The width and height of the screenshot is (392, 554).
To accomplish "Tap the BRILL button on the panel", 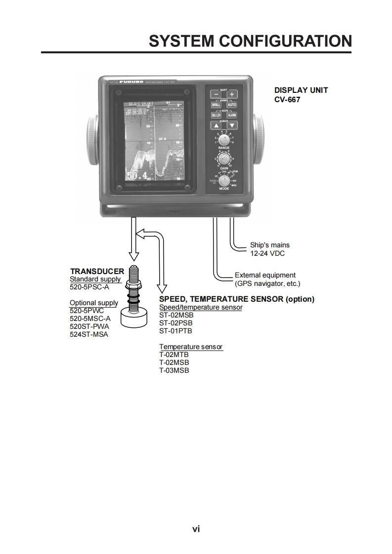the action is [x=216, y=105].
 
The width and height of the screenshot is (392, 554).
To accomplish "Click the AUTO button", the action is [x=231, y=105].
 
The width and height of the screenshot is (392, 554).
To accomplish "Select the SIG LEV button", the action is [x=216, y=115].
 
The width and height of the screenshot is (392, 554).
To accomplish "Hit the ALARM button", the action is [x=231, y=115].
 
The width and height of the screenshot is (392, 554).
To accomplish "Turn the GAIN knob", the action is [x=223, y=159].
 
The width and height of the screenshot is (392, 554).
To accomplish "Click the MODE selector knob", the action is [x=224, y=180].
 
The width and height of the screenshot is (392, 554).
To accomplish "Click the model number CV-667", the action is [x=287, y=99].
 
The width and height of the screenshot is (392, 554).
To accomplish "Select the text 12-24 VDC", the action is [x=267, y=253].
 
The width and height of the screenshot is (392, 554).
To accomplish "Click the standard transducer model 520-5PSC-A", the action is [x=89, y=287].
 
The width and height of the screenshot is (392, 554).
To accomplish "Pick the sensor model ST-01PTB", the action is [x=175, y=331].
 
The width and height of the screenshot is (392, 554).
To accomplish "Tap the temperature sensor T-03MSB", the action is [x=174, y=370].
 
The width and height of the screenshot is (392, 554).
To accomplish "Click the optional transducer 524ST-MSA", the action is [x=89, y=334].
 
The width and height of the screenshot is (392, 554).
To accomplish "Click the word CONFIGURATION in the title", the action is [x=285, y=41].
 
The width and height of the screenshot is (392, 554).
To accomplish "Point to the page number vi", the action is [x=196, y=529].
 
